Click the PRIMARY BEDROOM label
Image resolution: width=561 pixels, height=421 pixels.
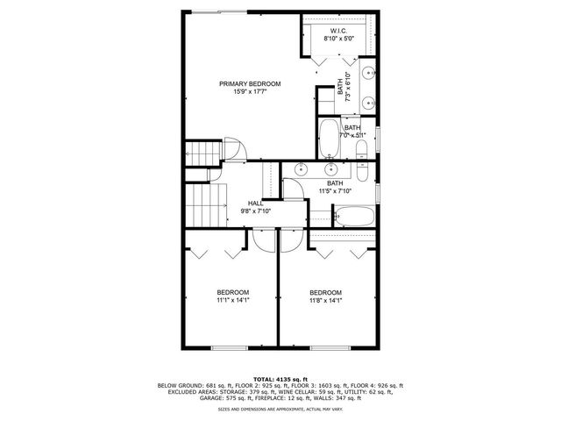click(244, 83)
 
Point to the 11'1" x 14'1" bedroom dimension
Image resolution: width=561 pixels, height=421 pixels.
click(232, 300)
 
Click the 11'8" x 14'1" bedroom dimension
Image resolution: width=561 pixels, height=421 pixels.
click(325, 300)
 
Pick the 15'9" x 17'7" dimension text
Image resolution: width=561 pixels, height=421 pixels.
click(244, 92)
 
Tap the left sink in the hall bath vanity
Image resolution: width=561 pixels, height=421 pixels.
click(301, 168)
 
